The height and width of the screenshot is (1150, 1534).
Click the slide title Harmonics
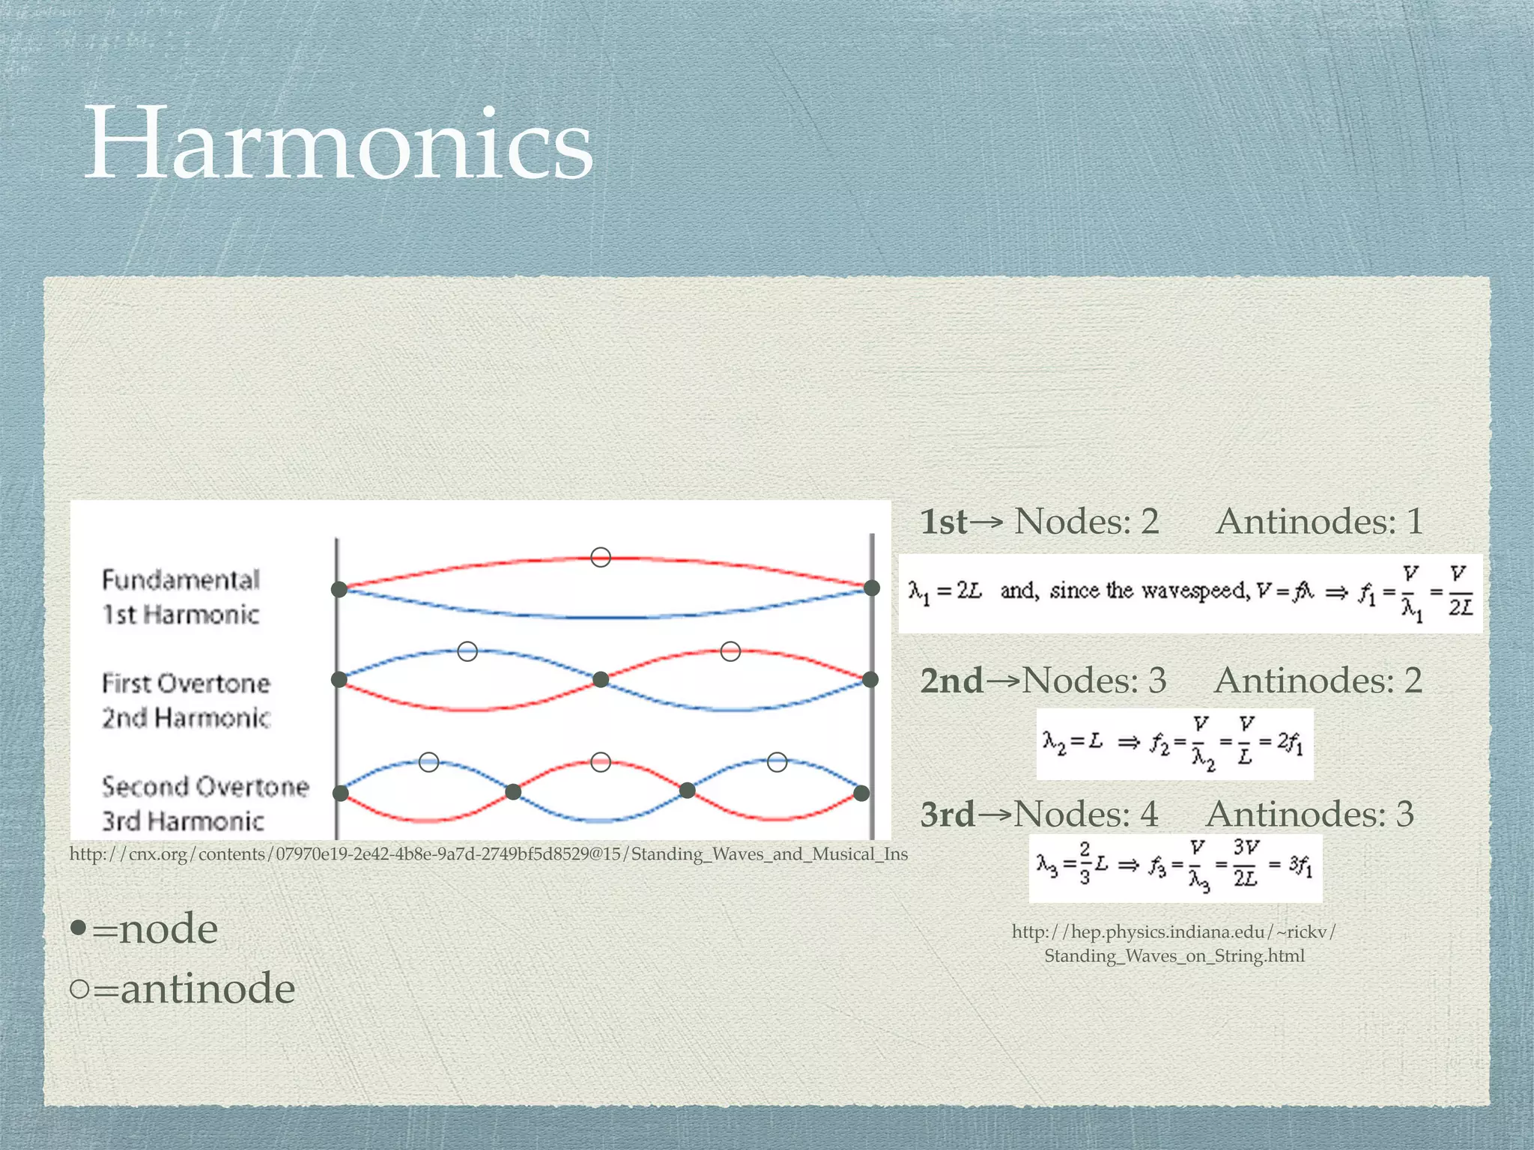(x=339, y=144)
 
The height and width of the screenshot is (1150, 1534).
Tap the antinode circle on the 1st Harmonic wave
(x=601, y=557)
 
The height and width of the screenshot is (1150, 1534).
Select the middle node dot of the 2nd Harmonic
(x=601, y=680)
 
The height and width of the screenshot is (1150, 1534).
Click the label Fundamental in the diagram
(x=181, y=580)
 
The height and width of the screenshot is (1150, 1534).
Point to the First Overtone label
(x=186, y=684)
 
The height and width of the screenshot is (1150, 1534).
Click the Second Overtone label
(x=205, y=787)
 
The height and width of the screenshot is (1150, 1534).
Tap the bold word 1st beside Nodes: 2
(x=943, y=522)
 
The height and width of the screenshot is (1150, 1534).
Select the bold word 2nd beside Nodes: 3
(x=951, y=681)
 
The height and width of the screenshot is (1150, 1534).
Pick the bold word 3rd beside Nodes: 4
(x=948, y=814)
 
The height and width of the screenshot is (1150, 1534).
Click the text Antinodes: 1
(x=1319, y=522)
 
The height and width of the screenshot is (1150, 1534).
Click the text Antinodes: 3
(x=1309, y=814)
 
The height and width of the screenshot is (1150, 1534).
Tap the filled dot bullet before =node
(x=79, y=929)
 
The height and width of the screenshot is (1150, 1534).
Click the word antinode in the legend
(x=207, y=988)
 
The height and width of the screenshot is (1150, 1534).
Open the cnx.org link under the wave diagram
(x=488, y=854)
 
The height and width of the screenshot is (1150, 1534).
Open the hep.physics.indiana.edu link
(x=1174, y=943)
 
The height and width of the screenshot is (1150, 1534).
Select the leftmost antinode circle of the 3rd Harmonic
(x=429, y=762)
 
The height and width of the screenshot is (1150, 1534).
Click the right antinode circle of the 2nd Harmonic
(x=730, y=651)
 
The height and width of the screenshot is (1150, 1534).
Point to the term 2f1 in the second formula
(x=1290, y=742)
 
